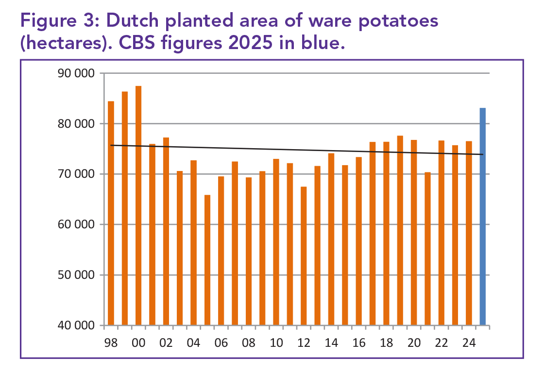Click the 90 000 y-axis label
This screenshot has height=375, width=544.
(75, 74)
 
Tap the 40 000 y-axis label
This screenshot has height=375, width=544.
(75, 326)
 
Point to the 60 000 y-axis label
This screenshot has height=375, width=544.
(75, 225)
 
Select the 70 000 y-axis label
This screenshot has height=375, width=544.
(75, 174)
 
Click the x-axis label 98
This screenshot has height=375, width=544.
(111, 343)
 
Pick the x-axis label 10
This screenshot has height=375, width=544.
(276, 343)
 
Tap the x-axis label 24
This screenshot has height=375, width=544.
(469, 343)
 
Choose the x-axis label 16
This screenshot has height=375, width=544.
(359, 343)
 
